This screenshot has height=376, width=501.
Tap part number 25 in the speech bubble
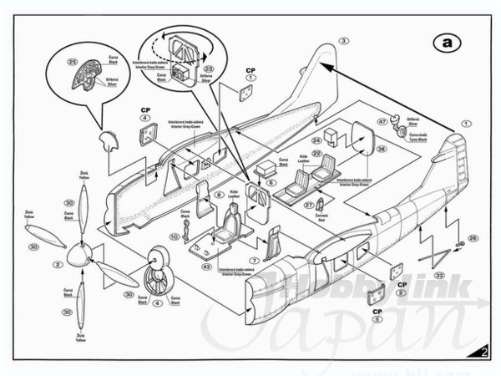[72, 63]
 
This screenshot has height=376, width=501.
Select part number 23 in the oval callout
[210, 69]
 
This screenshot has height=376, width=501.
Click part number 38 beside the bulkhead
[380, 149]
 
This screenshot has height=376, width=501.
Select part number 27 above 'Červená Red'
[307, 205]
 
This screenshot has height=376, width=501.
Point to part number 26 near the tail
[473, 238]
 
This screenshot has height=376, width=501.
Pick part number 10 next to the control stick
[175, 237]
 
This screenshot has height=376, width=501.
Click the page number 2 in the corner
[484, 351]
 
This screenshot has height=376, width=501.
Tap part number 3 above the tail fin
[344, 40]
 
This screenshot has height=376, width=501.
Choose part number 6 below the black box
[271, 182]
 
